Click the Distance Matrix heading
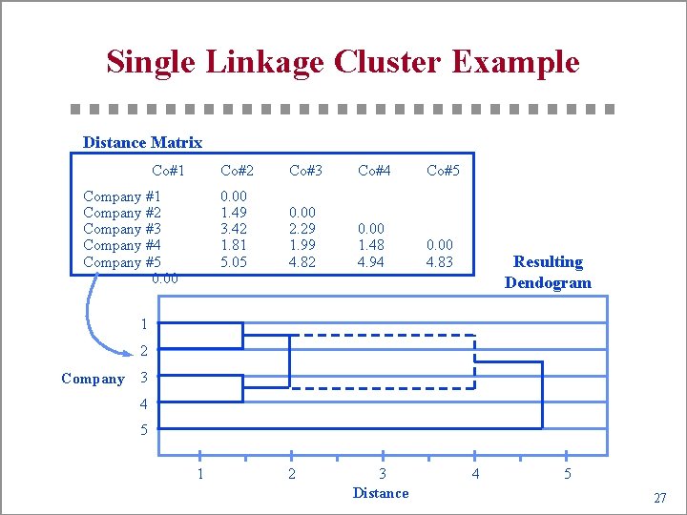142,143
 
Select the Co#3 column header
305,171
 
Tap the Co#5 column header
443,171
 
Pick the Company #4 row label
122,245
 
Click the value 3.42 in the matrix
234,229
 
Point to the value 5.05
234,262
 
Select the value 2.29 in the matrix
302,229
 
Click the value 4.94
371,262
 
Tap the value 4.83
440,262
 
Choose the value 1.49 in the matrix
234,213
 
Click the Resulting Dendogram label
548,272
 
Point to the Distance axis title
381,493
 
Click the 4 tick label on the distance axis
475,474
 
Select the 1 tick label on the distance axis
200,474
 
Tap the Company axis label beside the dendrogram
93,379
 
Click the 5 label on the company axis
144,430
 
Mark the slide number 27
659,498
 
